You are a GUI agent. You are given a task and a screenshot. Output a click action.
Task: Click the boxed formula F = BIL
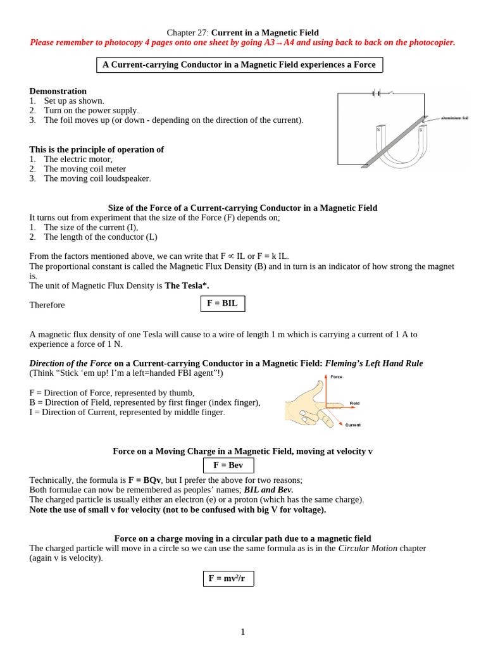click(x=222, y=304)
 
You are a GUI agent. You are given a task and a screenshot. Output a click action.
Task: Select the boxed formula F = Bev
click(x=228, y=465)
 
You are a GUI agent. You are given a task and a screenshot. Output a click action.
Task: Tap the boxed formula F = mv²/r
click(x=228, y=578)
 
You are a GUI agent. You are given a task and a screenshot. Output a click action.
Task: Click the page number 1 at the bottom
click(x=242, y=632)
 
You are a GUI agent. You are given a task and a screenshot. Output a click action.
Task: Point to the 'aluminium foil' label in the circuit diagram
click(x=454, y=118)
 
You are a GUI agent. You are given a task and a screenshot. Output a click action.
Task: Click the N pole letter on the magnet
click(x=378, y=130)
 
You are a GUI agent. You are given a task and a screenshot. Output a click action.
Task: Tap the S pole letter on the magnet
click(x=420, y=130)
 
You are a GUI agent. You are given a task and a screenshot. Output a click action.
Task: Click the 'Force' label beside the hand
click(x=336, y=377)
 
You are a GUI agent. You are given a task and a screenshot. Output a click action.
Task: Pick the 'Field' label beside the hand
click(x=354, y=403)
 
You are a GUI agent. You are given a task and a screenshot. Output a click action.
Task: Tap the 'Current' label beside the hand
click(x=352, y=425)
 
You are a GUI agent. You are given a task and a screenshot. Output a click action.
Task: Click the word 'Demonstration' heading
click(x=58, y=91)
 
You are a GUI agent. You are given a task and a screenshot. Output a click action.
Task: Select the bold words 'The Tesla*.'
click(x=187, y=285)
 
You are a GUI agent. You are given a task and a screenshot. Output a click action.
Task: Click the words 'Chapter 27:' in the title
click(x=187, y=32)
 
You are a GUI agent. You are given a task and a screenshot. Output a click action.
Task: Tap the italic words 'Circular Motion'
click(x=368, y=548)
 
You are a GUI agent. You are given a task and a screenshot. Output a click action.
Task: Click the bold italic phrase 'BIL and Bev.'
click(x=268, y=490)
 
